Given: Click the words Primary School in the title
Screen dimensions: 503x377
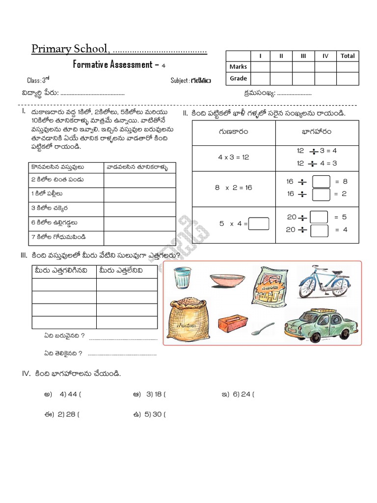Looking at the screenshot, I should (70, 49).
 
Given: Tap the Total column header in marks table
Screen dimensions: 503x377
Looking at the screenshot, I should (347, 56).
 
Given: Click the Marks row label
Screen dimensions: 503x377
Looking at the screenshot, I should (238, 67).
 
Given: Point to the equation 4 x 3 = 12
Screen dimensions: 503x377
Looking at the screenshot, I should (234, 157).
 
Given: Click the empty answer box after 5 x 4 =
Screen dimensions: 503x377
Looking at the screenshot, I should (259, 224).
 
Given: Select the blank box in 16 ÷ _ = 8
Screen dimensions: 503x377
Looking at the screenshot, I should (321, 182).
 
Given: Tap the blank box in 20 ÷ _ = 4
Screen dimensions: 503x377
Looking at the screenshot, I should (319, 229).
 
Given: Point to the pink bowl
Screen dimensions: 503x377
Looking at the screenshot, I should (227, 280).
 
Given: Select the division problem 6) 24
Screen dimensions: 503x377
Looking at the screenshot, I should (243, 394).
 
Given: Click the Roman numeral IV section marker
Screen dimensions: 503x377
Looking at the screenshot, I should (26, 374).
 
